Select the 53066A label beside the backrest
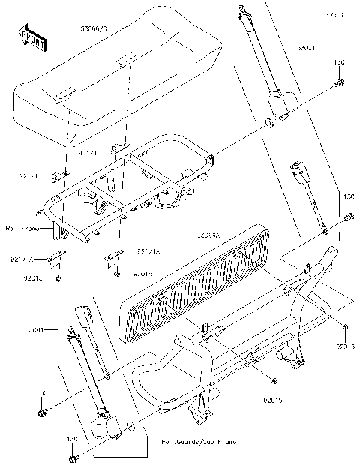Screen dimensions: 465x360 (x=208, y=235)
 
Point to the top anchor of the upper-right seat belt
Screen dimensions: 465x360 (x=242, y=10)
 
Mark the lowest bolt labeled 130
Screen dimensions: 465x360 (x=73, y=457)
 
